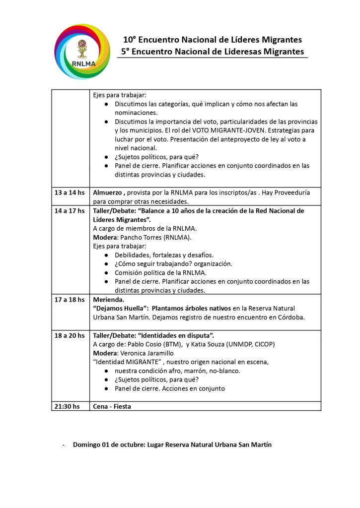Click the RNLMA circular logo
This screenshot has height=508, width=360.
pyautogui.click(x=83, y=51)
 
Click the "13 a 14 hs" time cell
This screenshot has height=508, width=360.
pyautogui.click(x=70, y=192)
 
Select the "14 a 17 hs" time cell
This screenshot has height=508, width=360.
pyautogui.click(x=70, y=210)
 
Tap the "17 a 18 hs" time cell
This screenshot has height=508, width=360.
pyautogui.click(x=70, y=300)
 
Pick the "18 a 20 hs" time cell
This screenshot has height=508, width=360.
pyautogui.click(x=70, y=335)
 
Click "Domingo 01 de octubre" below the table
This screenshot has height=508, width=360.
pyautogui.click(x=108, y=444)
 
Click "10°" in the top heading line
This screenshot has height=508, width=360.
pyautogui.click(x=130, y=40)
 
